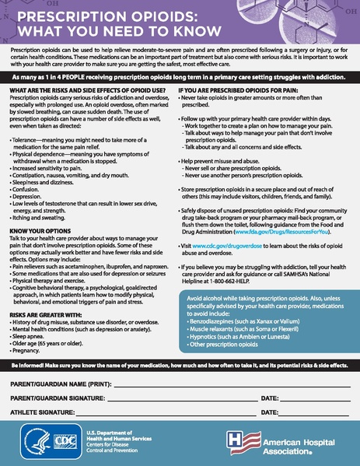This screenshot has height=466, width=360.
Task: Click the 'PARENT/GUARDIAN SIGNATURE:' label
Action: (x=61, y=398)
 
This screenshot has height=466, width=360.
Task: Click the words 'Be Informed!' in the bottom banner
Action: (x=27, y=366)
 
